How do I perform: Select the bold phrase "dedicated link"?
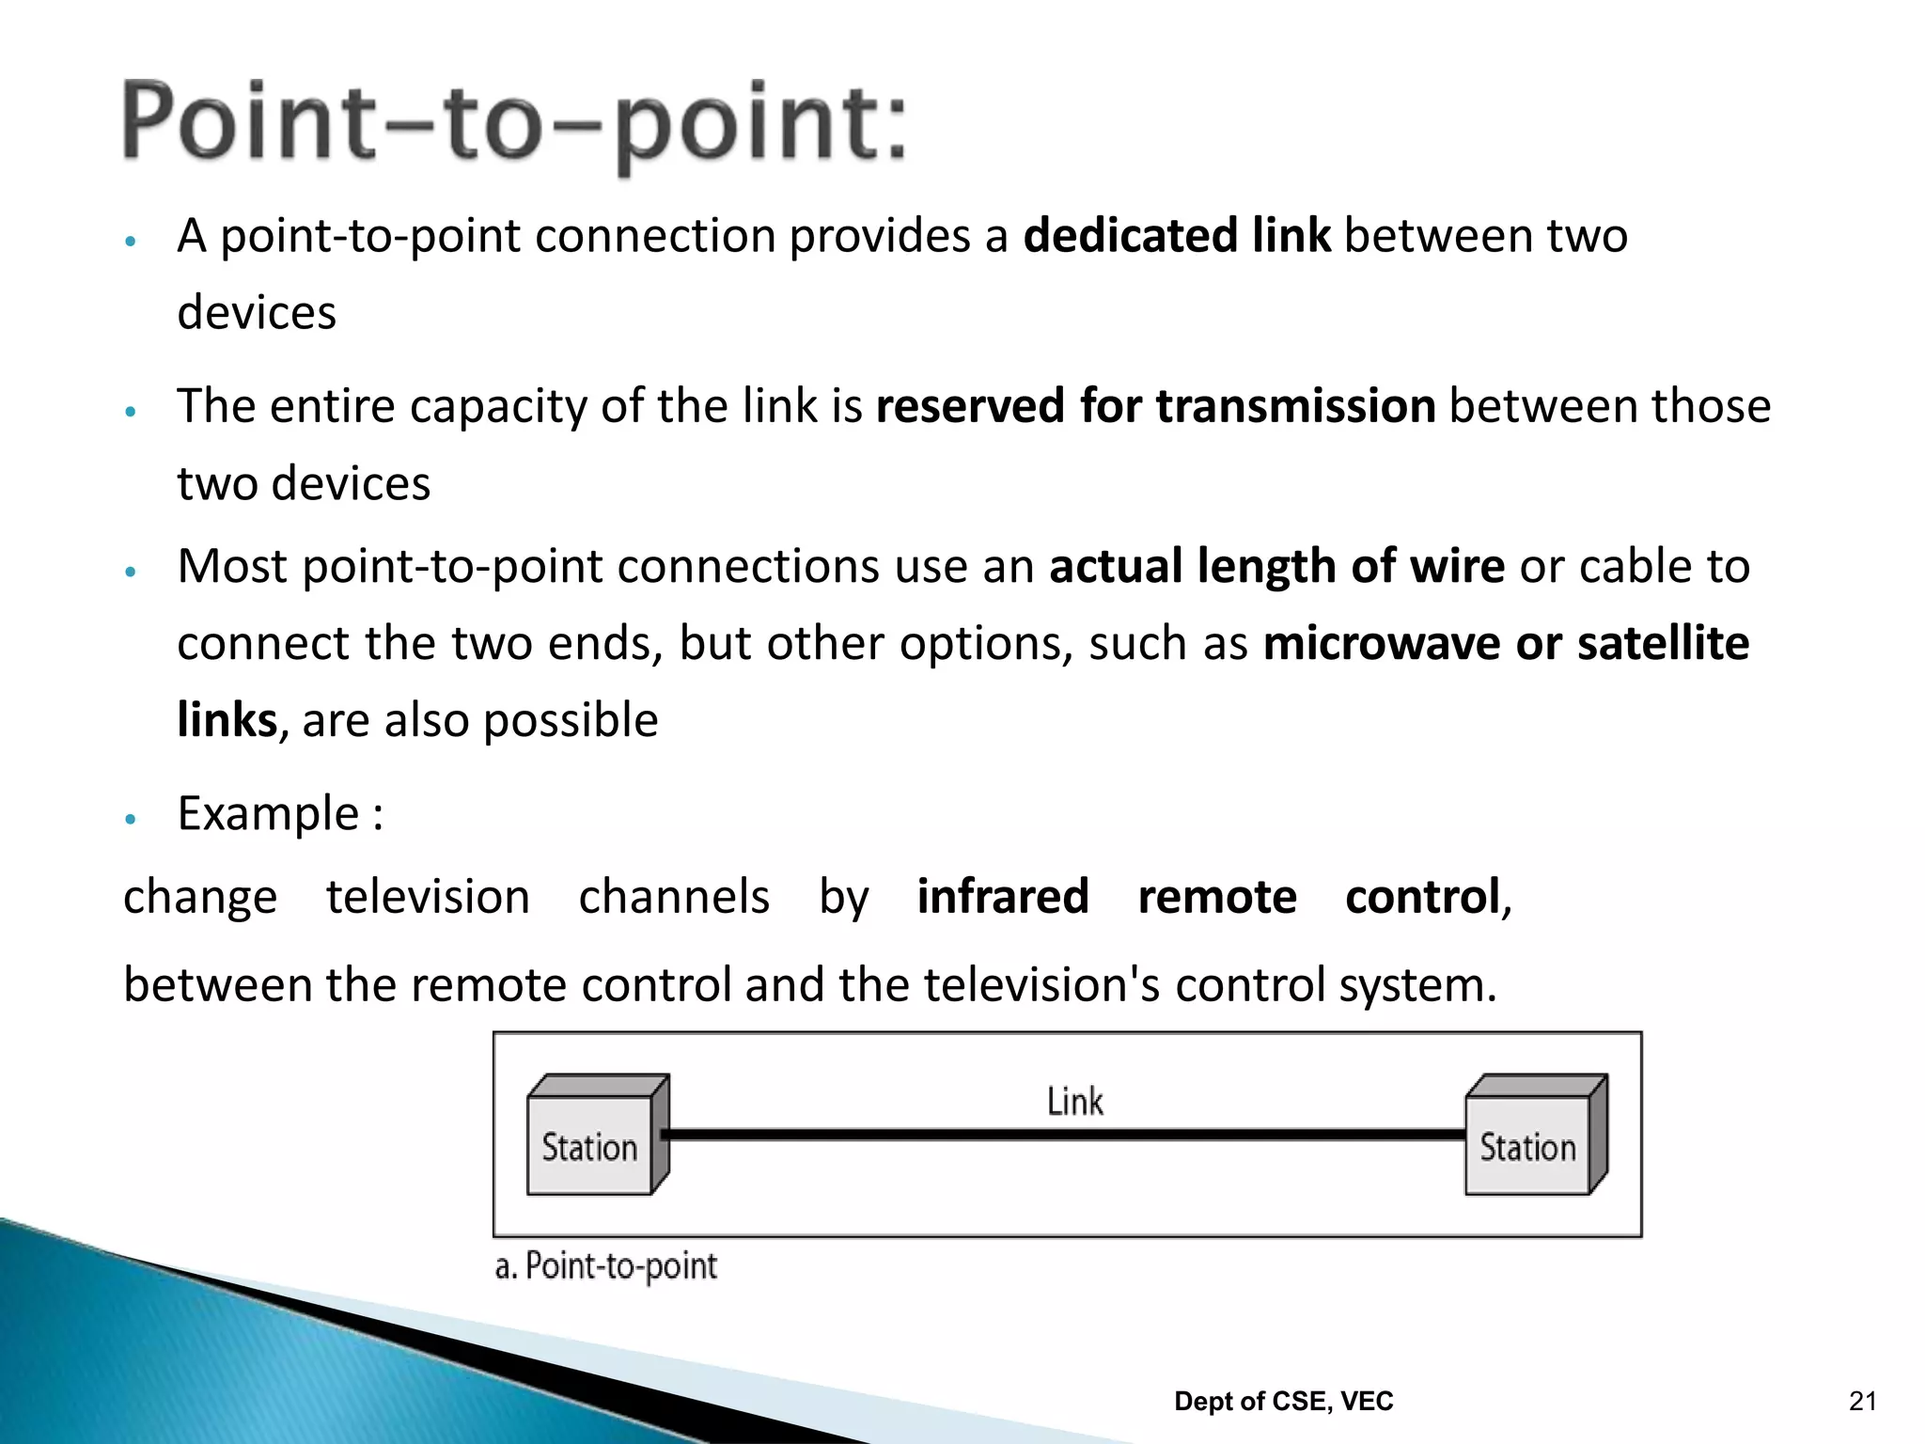point(1176,235)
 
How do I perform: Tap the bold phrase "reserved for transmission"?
point(1155,406)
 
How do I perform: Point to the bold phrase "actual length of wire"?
point(1276,566)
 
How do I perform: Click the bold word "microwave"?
point(1382,644)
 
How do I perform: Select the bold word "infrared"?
point(1003,896)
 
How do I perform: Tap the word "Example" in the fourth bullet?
point(268,813)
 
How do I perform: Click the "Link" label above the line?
point(1075,1102)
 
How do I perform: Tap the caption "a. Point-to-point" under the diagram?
point(606,1266)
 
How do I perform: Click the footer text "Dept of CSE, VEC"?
point(1284,1402)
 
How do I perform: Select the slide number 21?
point(1862,1402)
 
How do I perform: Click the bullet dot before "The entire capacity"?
point(132,412)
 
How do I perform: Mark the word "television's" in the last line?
point(1041,985)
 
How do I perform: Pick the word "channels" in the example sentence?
point(674,896)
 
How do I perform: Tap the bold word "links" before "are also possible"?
point(227,721)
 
